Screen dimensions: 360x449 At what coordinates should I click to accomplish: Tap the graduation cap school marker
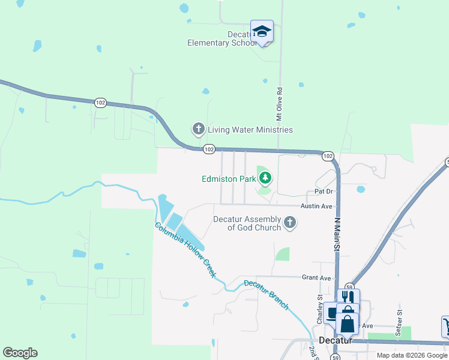(262, 31)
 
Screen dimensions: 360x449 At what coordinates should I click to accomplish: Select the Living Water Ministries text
(250, 130)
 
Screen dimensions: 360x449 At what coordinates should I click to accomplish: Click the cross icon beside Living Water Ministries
(198, 129)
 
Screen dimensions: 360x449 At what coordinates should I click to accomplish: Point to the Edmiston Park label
(228, 178)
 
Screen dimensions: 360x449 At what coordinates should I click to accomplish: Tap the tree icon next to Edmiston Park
(265, 178)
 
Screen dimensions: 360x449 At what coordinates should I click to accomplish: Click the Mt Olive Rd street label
(279, 103)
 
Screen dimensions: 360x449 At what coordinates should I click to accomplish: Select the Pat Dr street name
(324, 191)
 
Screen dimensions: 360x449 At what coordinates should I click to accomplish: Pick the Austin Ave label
(316, 206)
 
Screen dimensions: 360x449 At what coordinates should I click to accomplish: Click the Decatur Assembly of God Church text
(247, 223)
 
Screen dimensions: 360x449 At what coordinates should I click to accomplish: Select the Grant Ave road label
(316, 278)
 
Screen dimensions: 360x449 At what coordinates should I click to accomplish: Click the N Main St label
(337, 233)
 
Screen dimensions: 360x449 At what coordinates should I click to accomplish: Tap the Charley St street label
(320, 306)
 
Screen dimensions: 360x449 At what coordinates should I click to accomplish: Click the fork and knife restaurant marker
(348, 296)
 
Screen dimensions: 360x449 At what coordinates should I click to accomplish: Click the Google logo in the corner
(20, 353)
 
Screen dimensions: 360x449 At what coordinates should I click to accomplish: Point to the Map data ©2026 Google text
(412, 355)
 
